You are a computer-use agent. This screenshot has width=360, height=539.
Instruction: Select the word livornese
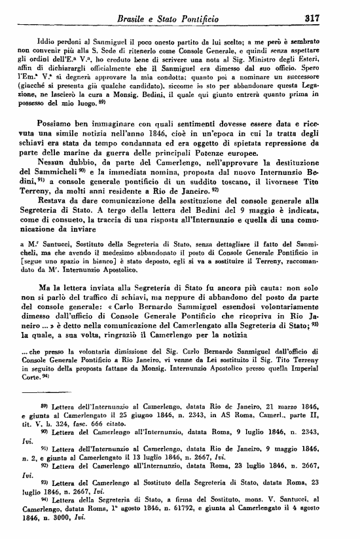coord(267,183)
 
